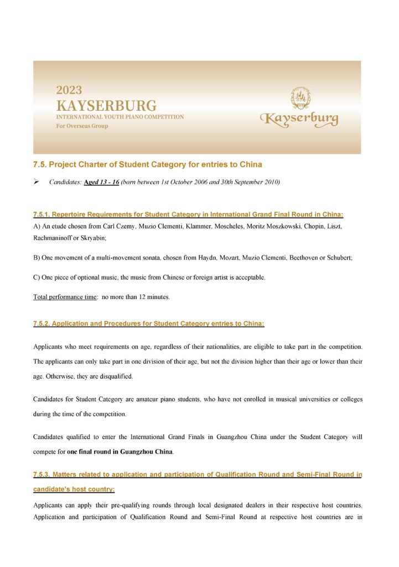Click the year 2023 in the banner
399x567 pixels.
point(69,90)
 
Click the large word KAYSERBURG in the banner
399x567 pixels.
point(106,105)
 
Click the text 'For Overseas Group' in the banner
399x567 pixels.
point(82,126)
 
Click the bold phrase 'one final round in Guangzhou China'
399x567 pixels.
point(120,452)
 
